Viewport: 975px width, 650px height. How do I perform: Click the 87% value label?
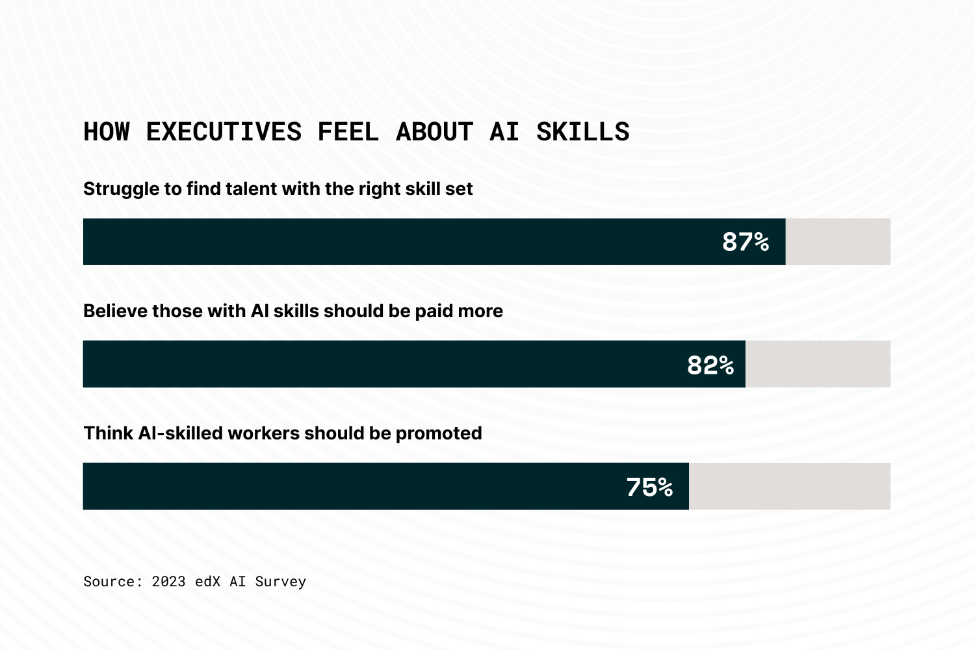pos(746,242)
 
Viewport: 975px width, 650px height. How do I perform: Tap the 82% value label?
pos(710,365)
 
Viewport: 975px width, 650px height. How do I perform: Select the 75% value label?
pos(649,487)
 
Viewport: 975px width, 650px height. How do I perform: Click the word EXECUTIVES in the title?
pos(224,132)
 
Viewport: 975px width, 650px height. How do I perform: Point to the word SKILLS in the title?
pos(582,132)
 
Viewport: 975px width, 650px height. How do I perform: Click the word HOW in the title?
pos(107,132)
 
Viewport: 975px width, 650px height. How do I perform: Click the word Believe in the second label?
pos(115,311)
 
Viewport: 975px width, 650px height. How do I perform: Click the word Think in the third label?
pos(108,434)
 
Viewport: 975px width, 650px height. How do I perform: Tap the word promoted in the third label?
pos(439,434)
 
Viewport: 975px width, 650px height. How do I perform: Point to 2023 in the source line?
pos(168,582)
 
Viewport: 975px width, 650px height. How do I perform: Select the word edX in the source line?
pos(207,582)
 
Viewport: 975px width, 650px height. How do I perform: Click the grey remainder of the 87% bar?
pos(838,242)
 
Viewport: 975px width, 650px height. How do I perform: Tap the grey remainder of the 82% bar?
pos(818,364)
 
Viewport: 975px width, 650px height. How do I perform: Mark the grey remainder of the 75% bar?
pos(790,486)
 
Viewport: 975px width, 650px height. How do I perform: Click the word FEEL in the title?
pos(348,132)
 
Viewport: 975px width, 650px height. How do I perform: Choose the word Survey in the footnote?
pos(280,582)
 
